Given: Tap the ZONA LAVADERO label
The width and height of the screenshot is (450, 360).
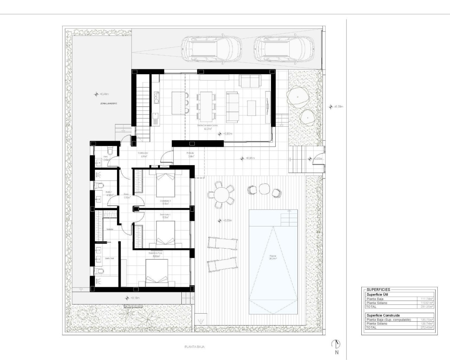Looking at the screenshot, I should tap(108, 104).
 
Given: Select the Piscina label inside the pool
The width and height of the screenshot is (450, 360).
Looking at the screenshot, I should tap(273, 257).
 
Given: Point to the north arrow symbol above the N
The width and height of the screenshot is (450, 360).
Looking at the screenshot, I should tap(336, 344).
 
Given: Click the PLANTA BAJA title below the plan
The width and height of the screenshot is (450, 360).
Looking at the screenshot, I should tap(194, 347).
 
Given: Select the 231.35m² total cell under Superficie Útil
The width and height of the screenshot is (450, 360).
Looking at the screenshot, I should tap(427, 307).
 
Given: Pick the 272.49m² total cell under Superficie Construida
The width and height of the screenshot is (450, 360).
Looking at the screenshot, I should tap(427, 327).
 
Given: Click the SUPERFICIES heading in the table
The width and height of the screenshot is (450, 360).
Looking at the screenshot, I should tap(378, 290).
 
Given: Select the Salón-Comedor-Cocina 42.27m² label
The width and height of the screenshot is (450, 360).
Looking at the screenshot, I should tap(207, 127).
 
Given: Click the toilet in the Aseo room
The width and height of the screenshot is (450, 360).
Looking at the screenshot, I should tap(110, 151).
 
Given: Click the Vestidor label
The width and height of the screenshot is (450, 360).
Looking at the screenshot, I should tap(110, 229).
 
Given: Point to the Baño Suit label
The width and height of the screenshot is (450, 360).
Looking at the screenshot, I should tap(109, 258).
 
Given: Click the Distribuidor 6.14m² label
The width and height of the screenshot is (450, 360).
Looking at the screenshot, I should tap(142, 155).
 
